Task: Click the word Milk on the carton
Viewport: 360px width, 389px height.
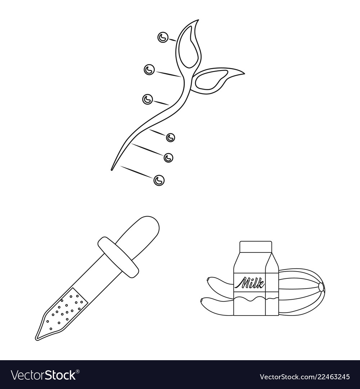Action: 249,281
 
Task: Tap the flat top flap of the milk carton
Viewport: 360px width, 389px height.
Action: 255,247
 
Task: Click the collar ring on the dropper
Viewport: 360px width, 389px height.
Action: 118,257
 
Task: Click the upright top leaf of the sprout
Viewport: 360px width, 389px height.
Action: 190,45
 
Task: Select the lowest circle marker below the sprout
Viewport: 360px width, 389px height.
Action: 158,180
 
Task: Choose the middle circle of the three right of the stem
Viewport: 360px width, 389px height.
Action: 168,157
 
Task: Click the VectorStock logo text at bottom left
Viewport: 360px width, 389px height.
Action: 43,375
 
